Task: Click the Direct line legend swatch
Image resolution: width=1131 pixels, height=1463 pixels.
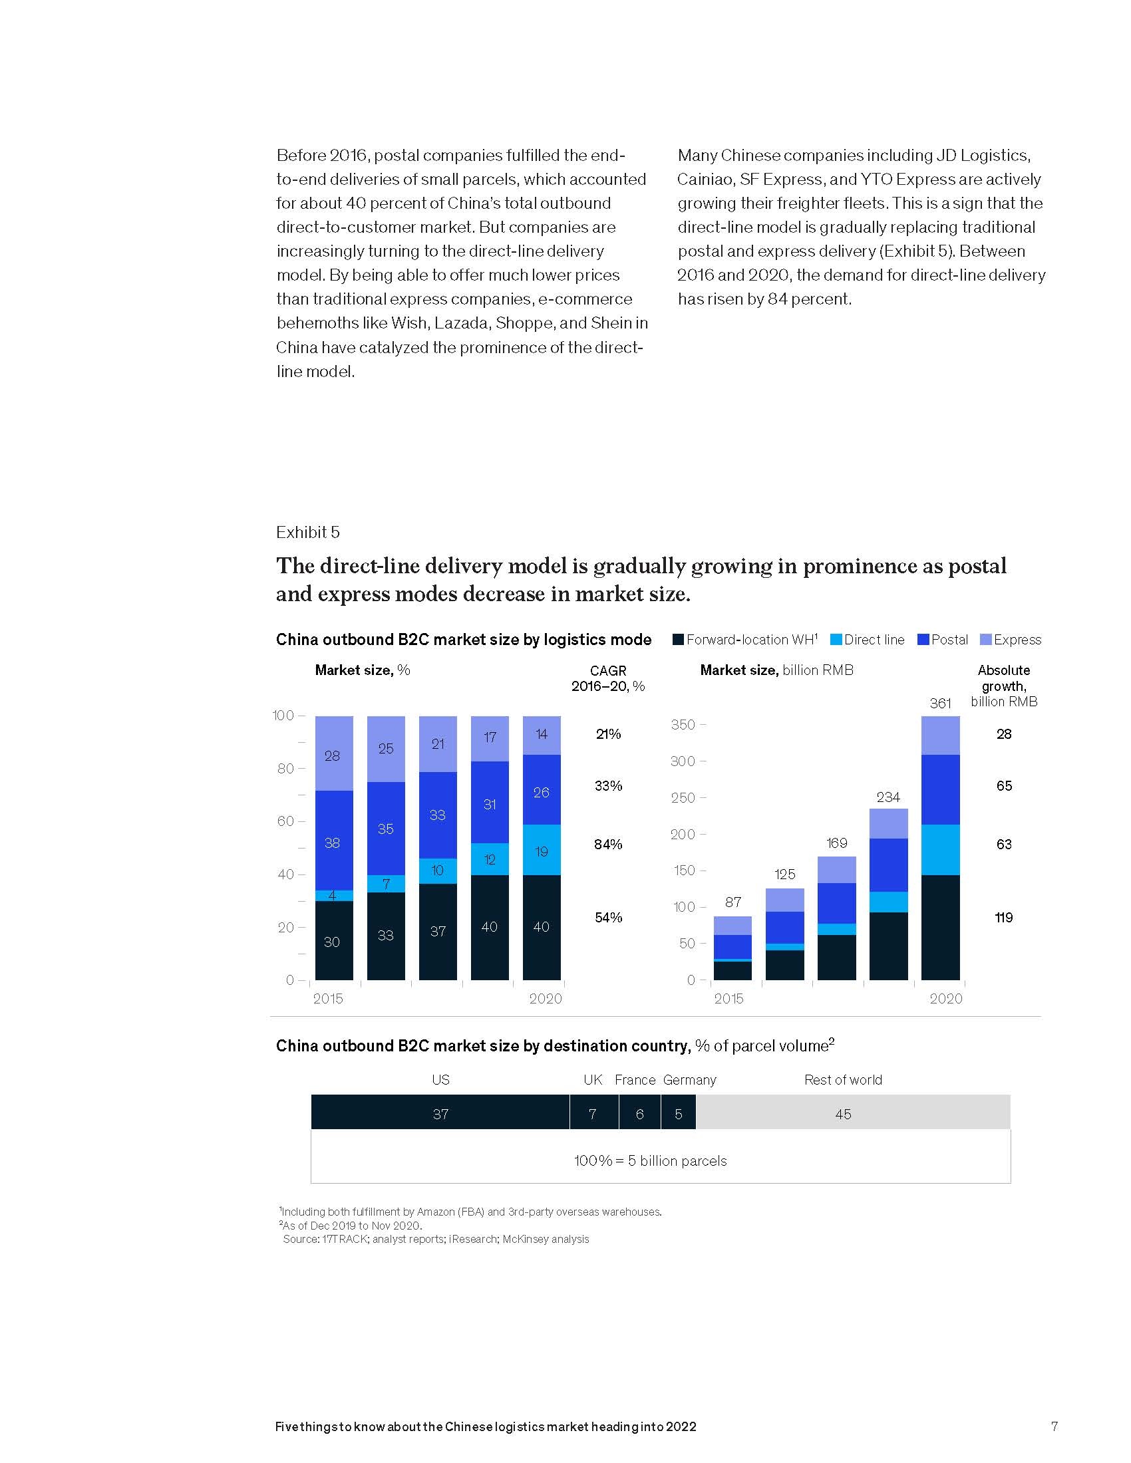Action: (836, 640)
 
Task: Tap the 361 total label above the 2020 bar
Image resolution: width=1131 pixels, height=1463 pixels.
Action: (940, 704)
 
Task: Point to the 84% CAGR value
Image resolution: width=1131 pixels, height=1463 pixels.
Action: (607, 845)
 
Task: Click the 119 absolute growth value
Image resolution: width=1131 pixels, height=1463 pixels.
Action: (1003, 918)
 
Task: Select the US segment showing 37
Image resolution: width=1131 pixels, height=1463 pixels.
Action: (440, 1114)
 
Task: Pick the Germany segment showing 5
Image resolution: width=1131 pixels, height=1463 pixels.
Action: (678, 1114)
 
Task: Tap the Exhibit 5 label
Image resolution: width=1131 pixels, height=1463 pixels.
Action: (307, 533)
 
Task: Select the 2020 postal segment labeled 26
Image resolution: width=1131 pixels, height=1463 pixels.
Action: (542, 793)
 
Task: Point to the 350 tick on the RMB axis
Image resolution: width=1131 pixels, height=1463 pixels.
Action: (683, 725)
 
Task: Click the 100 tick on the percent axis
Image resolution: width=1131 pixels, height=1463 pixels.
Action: (283, 716)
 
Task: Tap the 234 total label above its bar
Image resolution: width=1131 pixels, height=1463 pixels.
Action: (888, 797)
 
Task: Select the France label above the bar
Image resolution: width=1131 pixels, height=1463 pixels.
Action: (635, 1080)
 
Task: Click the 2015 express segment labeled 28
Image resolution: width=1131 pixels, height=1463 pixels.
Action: (333, 755)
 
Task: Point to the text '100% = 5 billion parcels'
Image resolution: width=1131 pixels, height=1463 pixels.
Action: (650, 1161)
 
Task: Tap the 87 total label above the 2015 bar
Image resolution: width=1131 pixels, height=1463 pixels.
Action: (732, 902)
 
